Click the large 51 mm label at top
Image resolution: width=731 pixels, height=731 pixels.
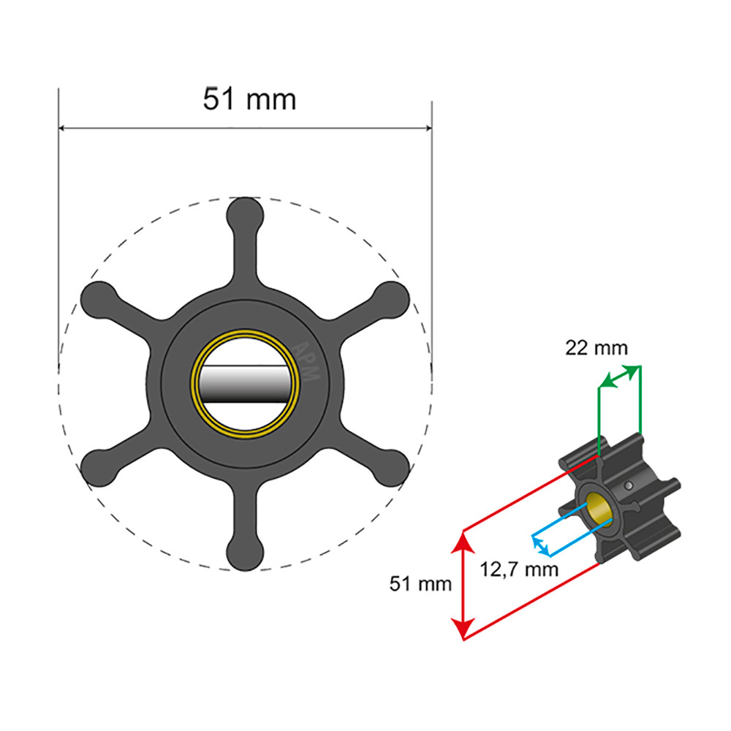[x=250, y=99]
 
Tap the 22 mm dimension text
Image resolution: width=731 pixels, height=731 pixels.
[x=596, y=348]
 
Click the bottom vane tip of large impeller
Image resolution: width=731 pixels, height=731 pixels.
[x=245, y=552]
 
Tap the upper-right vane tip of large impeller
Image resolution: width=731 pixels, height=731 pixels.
[x=390, y=298]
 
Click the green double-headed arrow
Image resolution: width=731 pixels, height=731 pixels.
[x=619, y=376]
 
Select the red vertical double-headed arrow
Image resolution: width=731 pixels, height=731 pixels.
[x=461, y=585]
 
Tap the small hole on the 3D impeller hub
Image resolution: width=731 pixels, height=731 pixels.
[x=629, y=485]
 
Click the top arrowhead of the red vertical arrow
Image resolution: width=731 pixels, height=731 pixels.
[x=461, y=539]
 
